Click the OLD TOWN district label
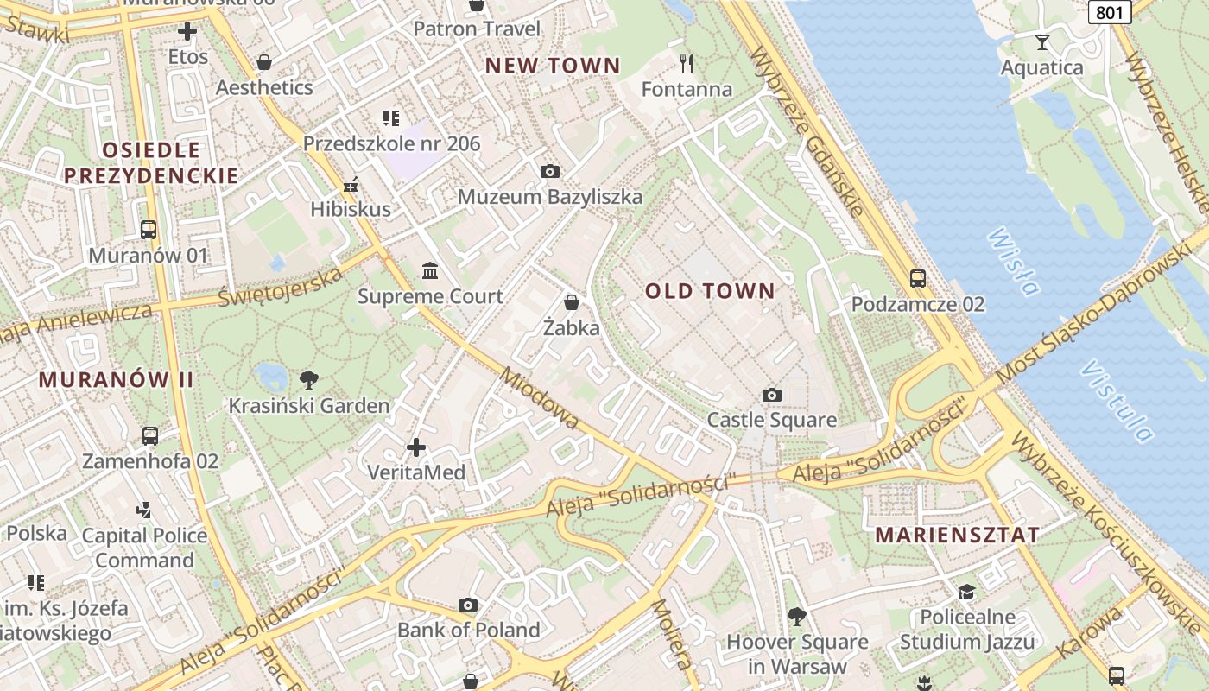click(x=710, y=291)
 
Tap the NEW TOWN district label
click(x=553, y=66)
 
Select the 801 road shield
click(x=1110, y=12)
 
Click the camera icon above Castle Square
click(x=772, y=395)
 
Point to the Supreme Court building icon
click(x=430, y=271)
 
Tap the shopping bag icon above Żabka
click(x=571, y=302)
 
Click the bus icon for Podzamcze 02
click(x=917, y=279)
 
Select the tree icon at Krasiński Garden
click(x=308, y=379)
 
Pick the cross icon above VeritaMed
click(x=416, y=447)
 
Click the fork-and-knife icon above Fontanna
click(x=687, y=63)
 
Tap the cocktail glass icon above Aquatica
click(x=1042, y=41)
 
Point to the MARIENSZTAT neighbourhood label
click(x=957, y=535)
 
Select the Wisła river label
click(x=1012, y=261)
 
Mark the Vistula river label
click(x=1116, y=401)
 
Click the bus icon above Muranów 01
click(x=149, y=230)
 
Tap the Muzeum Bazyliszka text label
click(x=550, y=197)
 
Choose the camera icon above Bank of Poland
click(x=468, y=605)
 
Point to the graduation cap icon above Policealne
click(x=966, y=592)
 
